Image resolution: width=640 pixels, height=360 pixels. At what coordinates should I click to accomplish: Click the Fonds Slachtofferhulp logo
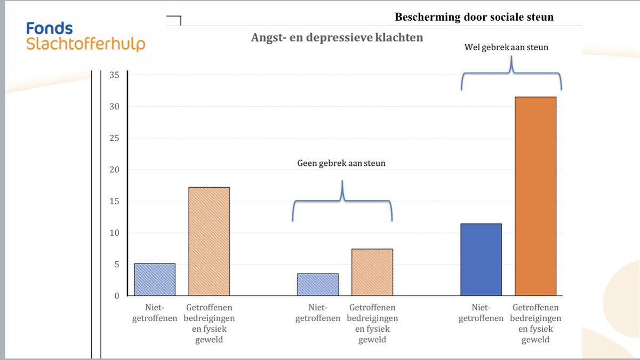(85, 36)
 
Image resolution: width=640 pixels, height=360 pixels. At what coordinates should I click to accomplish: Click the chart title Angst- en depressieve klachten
(337, 38)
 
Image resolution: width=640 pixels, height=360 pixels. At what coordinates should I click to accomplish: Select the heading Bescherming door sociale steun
(474, 17)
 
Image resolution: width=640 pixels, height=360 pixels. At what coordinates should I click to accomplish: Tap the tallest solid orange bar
(535, 196)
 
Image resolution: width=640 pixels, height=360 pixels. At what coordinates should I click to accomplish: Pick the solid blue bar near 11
(481, 259)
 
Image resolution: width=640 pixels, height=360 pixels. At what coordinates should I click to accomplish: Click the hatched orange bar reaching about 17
(209, 241)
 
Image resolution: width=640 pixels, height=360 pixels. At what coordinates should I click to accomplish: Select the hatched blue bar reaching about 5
(155, 279)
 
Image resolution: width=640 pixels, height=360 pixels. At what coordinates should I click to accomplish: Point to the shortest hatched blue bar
(317, 284)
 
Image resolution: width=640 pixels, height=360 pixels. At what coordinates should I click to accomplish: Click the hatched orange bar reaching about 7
(372, 272)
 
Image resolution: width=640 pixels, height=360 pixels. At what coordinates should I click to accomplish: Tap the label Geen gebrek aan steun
(341, 164)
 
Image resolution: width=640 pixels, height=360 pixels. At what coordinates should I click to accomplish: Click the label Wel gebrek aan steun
(506, 47)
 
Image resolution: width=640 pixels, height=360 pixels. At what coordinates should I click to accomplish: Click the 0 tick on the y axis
(116, 296)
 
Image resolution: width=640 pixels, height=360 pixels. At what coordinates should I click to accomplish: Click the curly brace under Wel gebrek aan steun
(512, 75)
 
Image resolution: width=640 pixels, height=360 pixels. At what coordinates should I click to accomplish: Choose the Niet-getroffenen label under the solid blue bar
(481, 313)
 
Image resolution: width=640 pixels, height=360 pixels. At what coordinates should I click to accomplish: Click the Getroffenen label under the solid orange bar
(535, 323)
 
